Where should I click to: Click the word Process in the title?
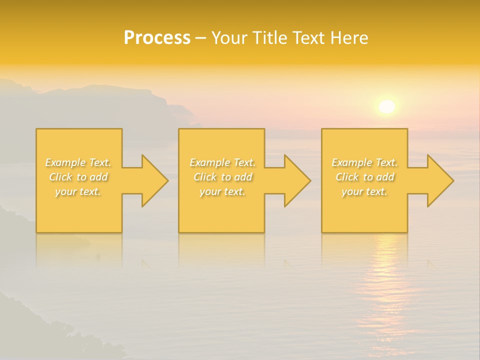click(x=157, y=38)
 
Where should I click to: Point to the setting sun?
click(x=386, y=106)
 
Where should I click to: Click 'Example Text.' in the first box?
click(x=78, y=162)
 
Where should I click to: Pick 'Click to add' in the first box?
click(x=78, y=177)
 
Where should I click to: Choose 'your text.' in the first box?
click(x=78, y=191)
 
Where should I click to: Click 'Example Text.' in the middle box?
click(x=222, y=162)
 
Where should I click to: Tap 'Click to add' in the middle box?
click(x=222, y=177)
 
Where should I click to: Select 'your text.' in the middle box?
click(x=222, y=191)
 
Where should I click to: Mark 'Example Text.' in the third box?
click(x=364, y=162)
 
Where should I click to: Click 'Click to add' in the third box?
click(x=364, y=177)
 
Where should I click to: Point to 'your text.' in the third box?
click(x=364, y=191)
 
